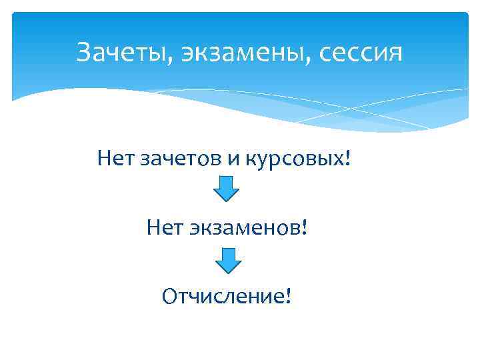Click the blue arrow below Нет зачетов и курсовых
pos(227,189)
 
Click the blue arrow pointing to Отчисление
pos(227,261)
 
